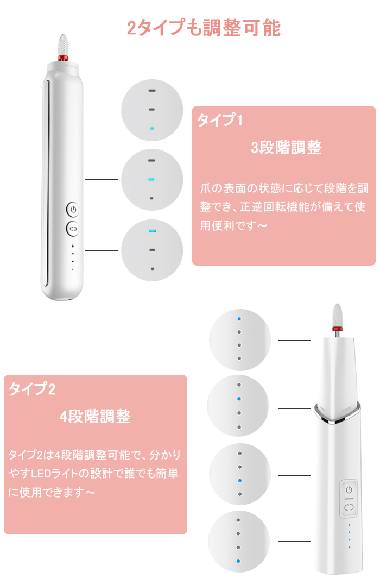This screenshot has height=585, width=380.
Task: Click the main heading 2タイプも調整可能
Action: pos(204,28)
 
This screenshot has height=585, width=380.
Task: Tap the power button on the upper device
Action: pos(73,209)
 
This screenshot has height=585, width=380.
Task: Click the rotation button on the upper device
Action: pos(73,229)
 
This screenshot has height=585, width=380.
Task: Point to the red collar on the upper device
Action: pos(62,58)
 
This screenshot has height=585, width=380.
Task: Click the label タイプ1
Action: pos(220,119)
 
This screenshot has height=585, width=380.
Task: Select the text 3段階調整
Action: pos(286,147)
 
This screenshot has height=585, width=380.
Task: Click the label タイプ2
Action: pos(32,389)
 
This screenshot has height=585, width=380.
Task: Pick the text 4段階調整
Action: pos(95,417)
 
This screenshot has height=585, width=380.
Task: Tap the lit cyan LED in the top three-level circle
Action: pos(152,128)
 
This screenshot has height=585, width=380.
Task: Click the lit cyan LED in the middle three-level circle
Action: pos(151,179)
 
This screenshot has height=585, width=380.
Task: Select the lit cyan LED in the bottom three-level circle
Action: pos(152,231)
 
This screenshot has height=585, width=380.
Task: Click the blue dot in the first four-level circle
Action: pos(239,319)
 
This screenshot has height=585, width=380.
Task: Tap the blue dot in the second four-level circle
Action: pos(239,399)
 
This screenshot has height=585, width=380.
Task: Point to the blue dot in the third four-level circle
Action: pos(239,481)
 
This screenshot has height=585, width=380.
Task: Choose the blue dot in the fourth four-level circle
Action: pos(238,561)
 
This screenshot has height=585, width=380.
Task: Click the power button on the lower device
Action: pos(349,489)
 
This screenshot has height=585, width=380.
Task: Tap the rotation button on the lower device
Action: pos(349,507)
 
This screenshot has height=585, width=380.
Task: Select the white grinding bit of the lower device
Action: pos(337,315)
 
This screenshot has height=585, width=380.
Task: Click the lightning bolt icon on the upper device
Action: pos(73,246)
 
